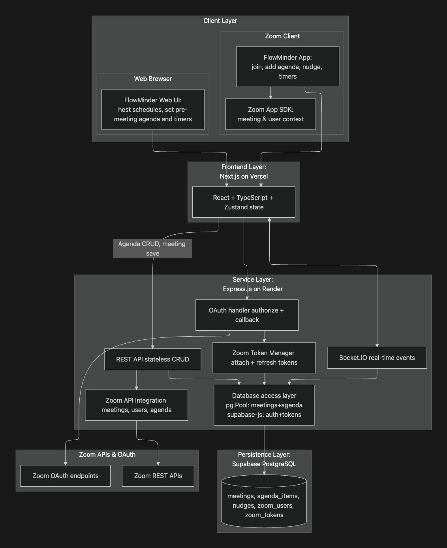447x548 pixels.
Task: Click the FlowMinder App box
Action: click(x=287, y=67)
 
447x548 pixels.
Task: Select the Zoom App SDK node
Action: click(x=270, y=114)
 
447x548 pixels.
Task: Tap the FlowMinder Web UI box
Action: click(x=153, y=109)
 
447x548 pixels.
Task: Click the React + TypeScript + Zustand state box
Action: click(x=244, y=202)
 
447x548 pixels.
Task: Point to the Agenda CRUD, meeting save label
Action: click(x=152, y=249)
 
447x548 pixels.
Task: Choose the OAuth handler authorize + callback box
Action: click(x=247, y=315)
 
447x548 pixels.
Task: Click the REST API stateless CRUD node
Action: click(x=152, y=359)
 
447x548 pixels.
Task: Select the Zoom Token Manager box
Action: click(x=264, y=358)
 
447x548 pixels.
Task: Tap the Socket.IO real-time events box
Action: click(x=377, y=358)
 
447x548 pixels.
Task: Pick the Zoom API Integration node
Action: click(x=137, y=405)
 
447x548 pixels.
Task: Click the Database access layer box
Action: click(x=264, y=405)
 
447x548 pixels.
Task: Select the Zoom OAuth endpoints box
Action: click(x=66, y=476)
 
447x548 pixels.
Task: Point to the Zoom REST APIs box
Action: click(x=158, y=476)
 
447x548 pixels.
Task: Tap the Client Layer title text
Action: click(x=220, y=21)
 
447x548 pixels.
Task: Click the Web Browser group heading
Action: click(x=153, y=79)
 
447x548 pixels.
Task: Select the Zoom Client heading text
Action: click(x=282, y=36)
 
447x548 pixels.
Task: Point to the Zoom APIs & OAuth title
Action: click(x=107, y=454)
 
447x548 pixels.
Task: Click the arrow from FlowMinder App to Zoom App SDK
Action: click(x=270, y=93)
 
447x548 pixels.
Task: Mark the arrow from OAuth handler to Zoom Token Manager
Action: click(x=264, y=336)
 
